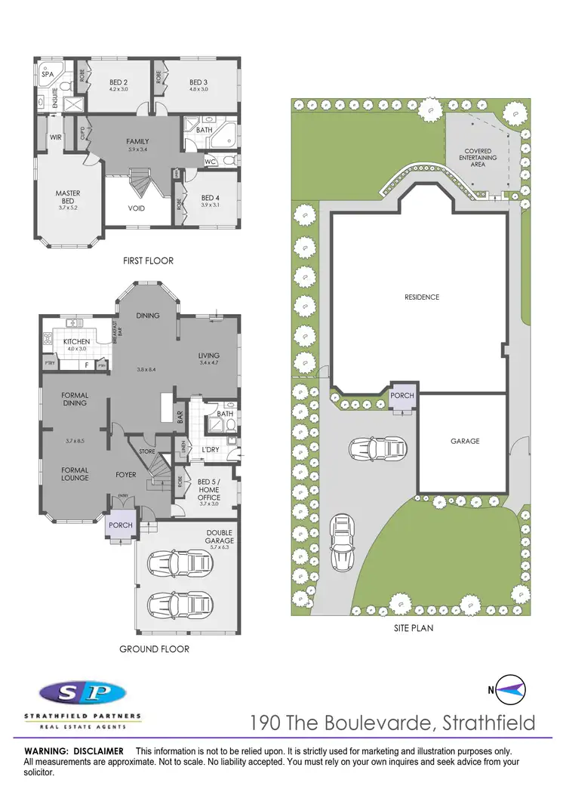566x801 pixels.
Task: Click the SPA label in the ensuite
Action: [48, 75]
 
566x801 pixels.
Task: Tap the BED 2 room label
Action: [118, 82]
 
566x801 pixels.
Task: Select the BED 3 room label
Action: [198, 82]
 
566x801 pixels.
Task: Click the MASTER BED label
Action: [68, 197]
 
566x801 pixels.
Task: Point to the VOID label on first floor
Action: [137, 208]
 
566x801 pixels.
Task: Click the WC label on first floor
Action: [211, 162]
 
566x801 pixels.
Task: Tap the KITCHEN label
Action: [77, 341]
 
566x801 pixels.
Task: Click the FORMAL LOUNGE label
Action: [75, 473]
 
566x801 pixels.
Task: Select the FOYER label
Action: [125, 475]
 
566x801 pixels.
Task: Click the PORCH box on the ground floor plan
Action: [121, 525]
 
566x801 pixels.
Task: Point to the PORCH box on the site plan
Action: [402, 396]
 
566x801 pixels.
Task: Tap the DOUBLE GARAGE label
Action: [220, 536]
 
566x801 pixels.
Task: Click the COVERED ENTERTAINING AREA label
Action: [478, 158]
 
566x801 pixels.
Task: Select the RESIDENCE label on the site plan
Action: [421, 297]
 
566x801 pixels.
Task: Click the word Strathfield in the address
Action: [488, 722]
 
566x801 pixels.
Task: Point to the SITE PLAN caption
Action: [412, 627]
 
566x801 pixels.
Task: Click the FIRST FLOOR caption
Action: [148, 260]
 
